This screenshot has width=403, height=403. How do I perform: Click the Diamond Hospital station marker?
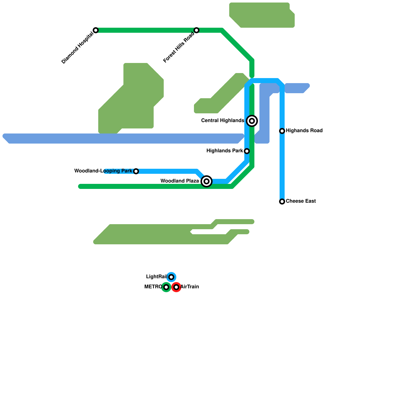tap(96, 30)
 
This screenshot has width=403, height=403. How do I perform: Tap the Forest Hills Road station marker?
tap(196, 30)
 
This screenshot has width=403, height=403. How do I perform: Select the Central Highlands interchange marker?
tap(252, 121)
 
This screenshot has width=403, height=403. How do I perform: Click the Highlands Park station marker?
tap(247, 151)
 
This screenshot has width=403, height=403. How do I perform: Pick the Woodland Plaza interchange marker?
tap(207, 181)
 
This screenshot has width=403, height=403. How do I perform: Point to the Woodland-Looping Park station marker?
tap(136, 171)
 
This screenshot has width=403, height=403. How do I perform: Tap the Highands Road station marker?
tap(282, 131)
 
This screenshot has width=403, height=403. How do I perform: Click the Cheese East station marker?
tap(282, 201)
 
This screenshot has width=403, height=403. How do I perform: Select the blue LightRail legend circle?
tap(171, 277)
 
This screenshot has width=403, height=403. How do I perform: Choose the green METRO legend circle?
tap(166, 287)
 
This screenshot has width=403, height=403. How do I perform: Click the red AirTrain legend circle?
tap(176, 287)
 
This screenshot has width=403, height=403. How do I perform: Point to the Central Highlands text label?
tap(222, 121)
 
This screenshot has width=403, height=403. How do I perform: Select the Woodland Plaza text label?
tap(180, 181)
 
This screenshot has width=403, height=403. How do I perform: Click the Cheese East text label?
tap(301, 201)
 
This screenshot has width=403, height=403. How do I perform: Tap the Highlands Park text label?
tap(225, 151)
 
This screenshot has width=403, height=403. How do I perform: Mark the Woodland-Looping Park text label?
tap(103, 171)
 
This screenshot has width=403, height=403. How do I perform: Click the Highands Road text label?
tap(304, 131)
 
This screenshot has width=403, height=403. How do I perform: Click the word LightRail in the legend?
tap(156, 277)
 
